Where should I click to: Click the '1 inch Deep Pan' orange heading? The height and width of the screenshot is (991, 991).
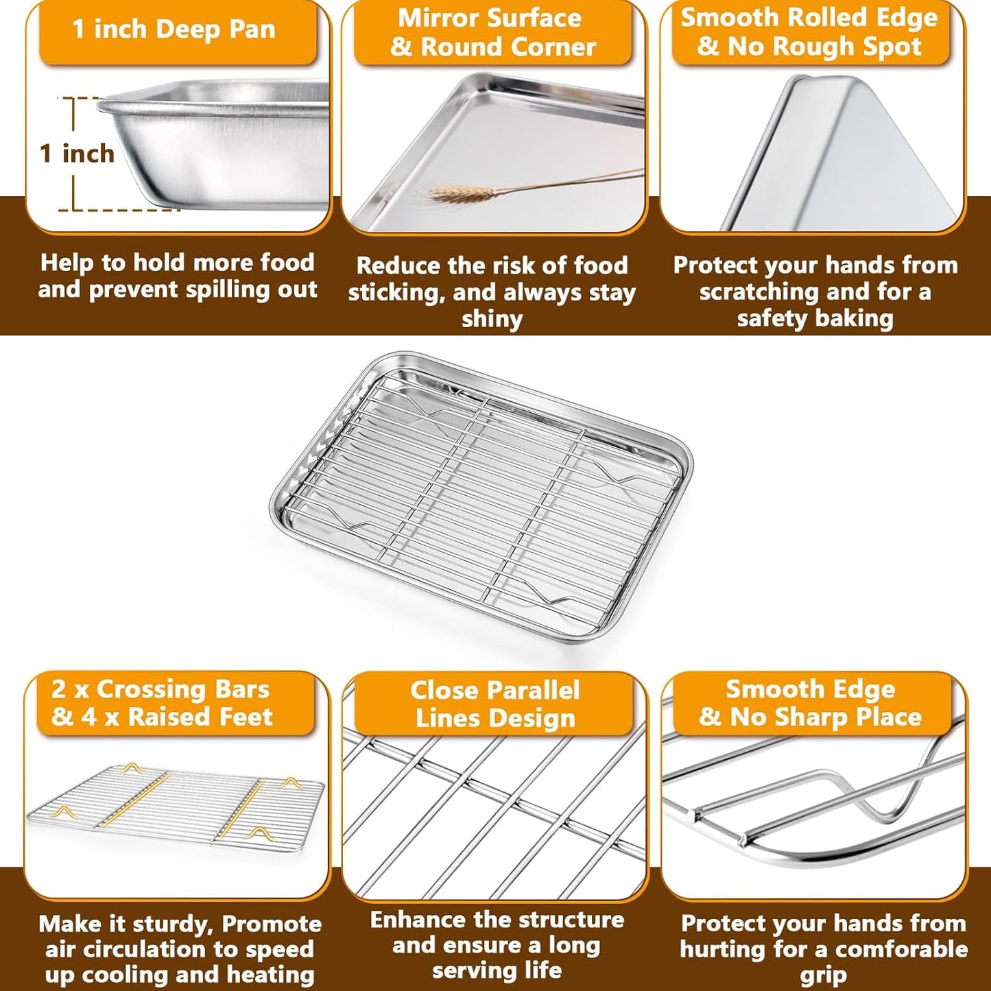pos(174,29)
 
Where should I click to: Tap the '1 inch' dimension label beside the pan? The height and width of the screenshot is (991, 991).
pos(77,153)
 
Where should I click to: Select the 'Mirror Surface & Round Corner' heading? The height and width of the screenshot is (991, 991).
pos(492,33)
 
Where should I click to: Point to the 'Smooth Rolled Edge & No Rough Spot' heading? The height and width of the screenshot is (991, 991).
pos(809,32)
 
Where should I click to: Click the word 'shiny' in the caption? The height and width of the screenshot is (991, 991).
pos(492,319)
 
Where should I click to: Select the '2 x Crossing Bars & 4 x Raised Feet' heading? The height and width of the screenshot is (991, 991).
pos(161,703)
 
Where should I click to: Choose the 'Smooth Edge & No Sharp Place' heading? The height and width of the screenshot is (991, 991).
pos(810,702)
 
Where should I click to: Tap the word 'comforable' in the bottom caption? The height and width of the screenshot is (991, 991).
pos(902,949)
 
